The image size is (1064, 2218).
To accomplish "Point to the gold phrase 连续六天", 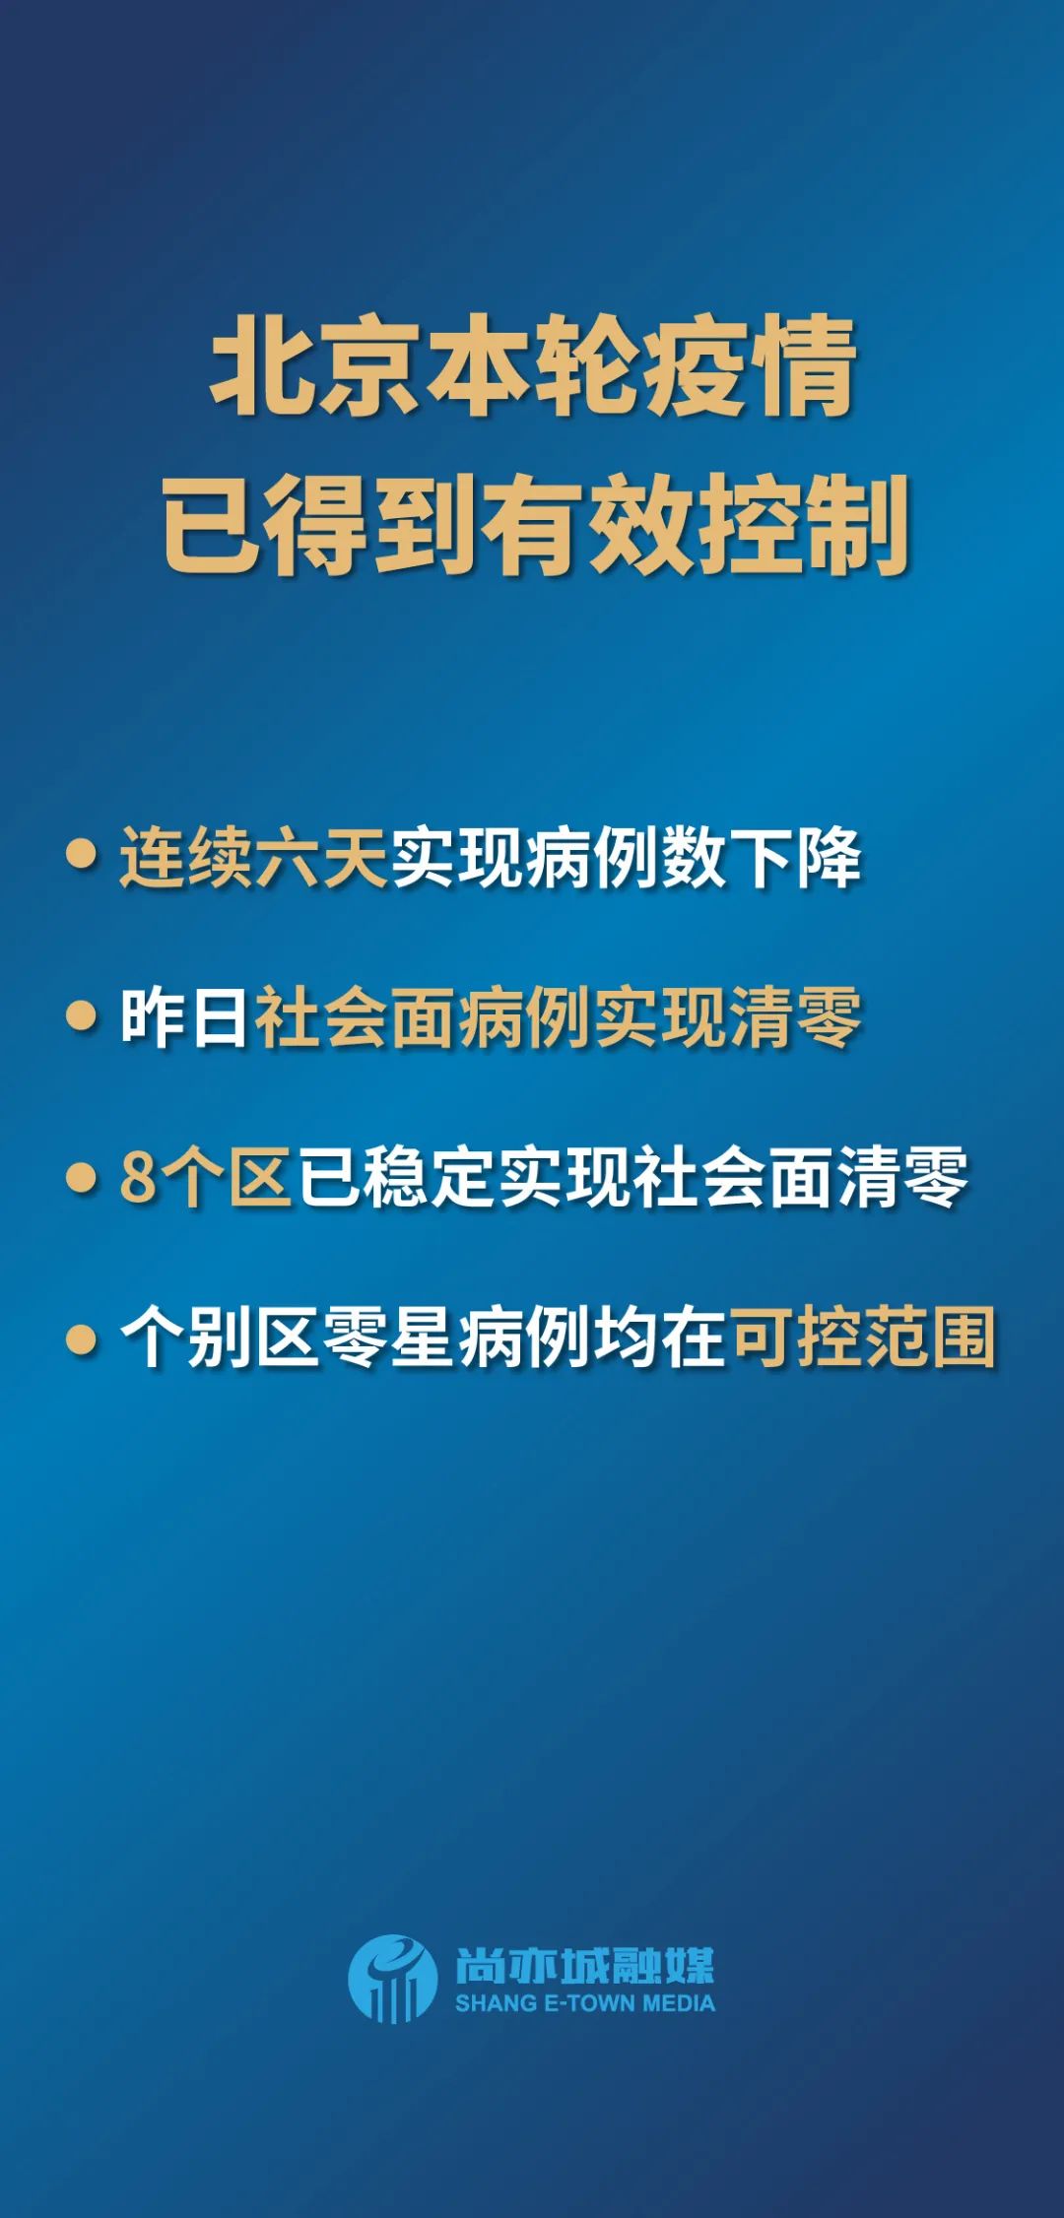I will coord(253,858).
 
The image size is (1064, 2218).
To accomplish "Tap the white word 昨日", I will coord(185,1017).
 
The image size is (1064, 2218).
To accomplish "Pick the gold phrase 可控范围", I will coord(862,1337).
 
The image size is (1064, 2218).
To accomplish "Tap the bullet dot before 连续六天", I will coord(81,854).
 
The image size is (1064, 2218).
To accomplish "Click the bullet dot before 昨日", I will coord(81,1015).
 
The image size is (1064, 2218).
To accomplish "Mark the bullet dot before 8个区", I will coord(81,1177).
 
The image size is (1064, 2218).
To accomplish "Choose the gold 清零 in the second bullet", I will coord(795,1017).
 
